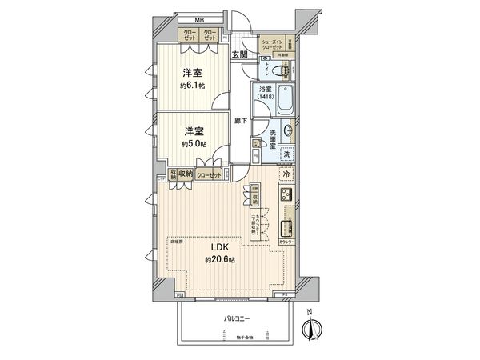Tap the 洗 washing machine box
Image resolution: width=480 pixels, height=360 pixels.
click(287, 154)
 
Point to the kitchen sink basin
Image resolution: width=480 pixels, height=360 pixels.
click(289, 217)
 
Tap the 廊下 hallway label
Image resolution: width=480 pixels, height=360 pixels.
click(241, 120)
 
